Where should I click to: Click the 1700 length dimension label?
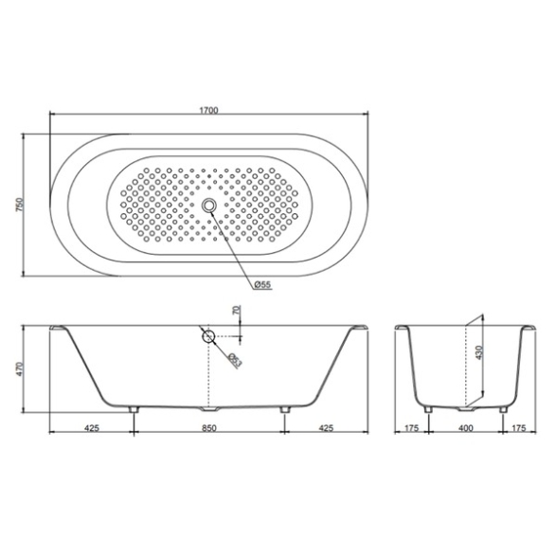pos(208,110)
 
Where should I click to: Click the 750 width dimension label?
pos(20,205)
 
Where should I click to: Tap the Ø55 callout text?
pos(262,284)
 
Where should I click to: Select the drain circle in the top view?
pos(209,205)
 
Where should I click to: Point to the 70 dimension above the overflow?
pos(237,310)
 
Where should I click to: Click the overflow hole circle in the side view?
pos(208,336)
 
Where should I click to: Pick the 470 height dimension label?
pos(20,368)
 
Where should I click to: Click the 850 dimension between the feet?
pos(209,428)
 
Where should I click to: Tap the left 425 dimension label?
pos(92,428)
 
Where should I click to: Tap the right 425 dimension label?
pos(326,428)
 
